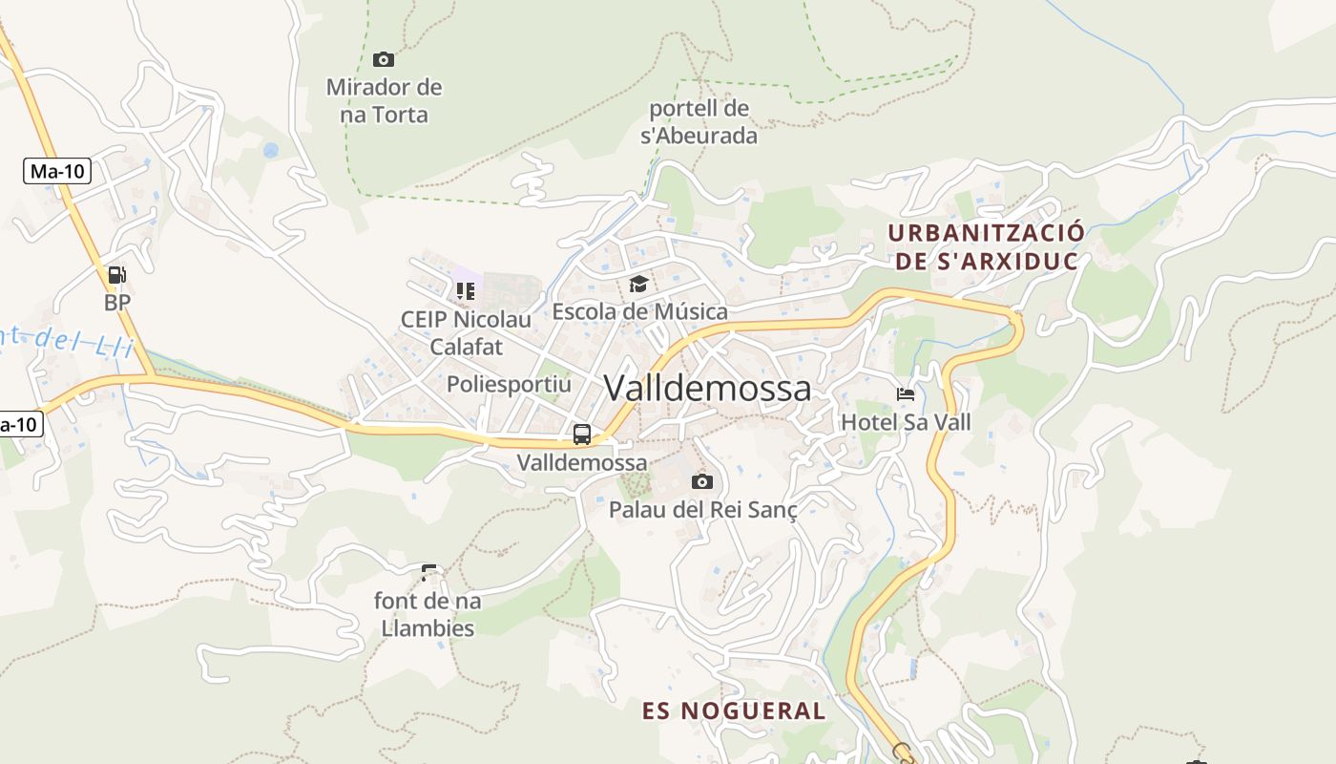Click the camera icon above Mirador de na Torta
pos(384,60)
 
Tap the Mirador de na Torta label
pos(384,101)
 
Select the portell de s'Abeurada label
pos(699,122)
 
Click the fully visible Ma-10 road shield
pos(57,171)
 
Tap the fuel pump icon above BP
pos(116,275)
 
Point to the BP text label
pos(117,303)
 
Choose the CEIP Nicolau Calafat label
pos(466,332)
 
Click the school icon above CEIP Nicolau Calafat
pos(466,289)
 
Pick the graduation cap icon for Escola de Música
pos(638,284)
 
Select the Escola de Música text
pos(639,311)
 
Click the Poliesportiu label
pos(509,385)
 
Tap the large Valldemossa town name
pos(707,388)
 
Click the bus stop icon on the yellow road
pos(582,435)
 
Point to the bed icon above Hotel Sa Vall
pos(905,393)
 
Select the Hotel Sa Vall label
pos(906,421)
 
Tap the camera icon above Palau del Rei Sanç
pos(702,481)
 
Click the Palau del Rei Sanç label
pos(702,509)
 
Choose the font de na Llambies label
pos(428,615)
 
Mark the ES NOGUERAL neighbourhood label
pos(733,711)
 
